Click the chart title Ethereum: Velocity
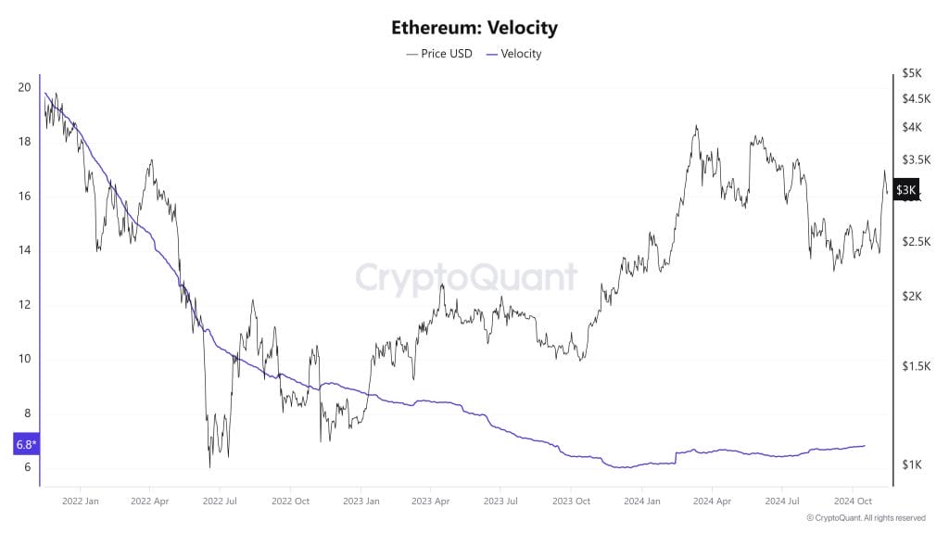(x=474, y=28)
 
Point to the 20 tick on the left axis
(x=24, y=88)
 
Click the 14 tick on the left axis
(x=24, y=250)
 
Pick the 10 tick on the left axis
(x=24, y=359)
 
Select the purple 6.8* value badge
(x=25, y=445)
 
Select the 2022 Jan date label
(x=80, y=501)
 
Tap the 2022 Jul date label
(x=220, y=501)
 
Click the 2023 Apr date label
(x=431, y=501)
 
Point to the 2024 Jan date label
(x=641, y=501)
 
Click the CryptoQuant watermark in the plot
(x=466, y=277)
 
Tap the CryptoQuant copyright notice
(x=866, y=518)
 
